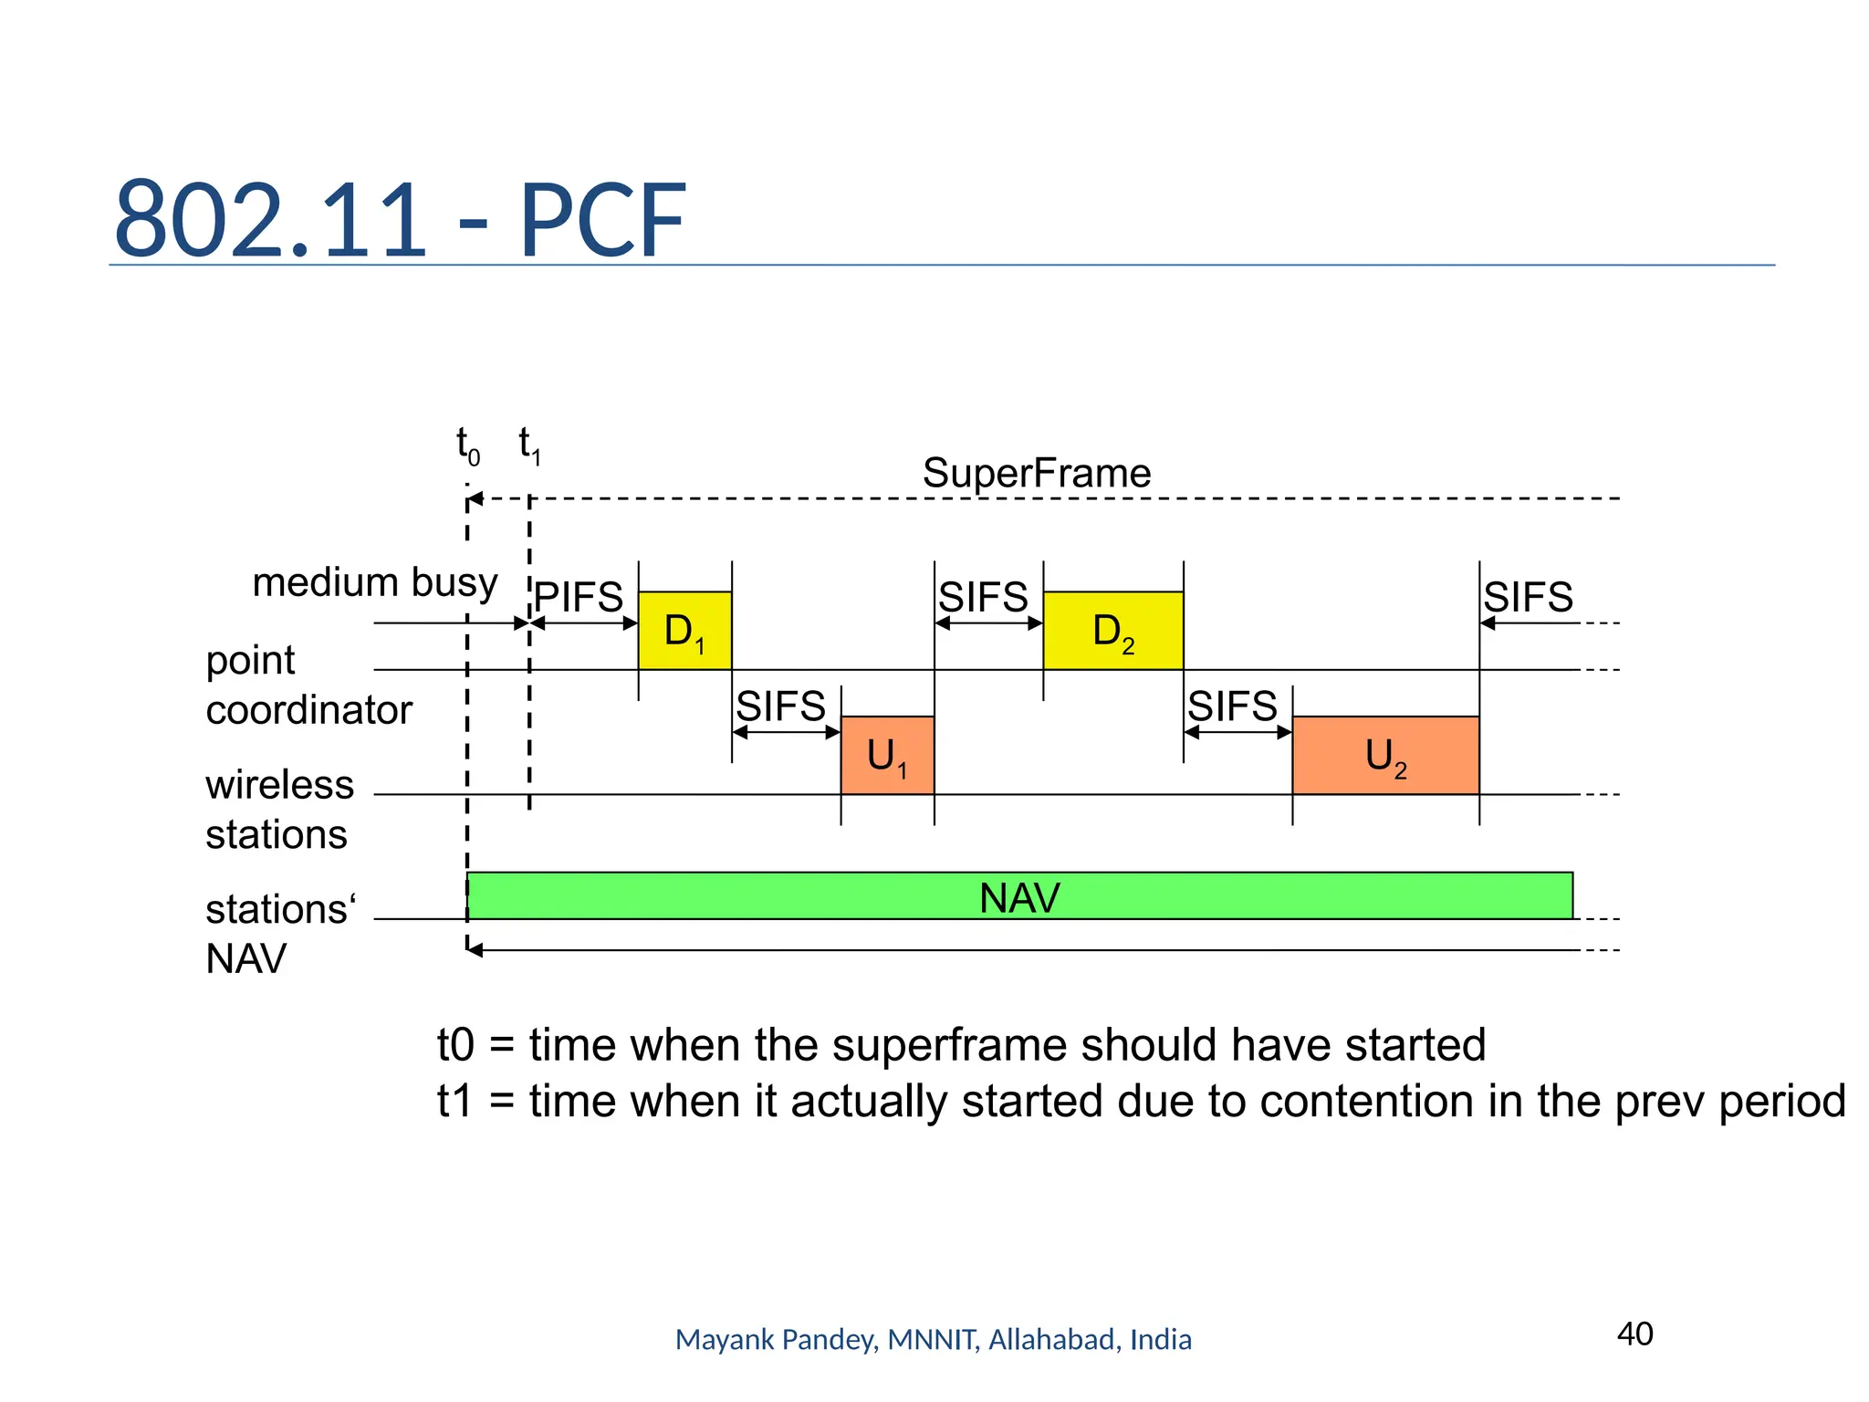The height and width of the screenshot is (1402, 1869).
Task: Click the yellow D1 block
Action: coord(684,631)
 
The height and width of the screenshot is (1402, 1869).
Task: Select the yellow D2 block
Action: coord(1112,631)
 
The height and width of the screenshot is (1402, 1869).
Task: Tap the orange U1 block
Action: coord(887,756)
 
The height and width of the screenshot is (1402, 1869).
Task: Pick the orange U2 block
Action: coord(1385,756)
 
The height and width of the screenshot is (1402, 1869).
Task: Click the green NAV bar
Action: coord(1019,896)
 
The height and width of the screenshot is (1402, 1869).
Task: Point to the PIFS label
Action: coord(579,598)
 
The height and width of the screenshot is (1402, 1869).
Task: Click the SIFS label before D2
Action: coord(983,598)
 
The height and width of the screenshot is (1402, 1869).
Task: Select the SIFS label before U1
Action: coord(780,706)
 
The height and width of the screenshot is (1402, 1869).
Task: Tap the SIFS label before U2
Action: coord(1232,706)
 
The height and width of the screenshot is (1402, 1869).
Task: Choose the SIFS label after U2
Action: coord(1528,598)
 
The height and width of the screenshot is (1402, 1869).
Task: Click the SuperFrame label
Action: coord(1037,473)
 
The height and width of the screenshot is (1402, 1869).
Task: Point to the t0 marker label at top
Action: coord(467,446)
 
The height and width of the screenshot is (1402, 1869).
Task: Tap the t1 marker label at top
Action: coord(529,446)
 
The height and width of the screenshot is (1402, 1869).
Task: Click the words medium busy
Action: coord(375,582)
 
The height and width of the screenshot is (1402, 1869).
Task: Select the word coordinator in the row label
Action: coord(308,710)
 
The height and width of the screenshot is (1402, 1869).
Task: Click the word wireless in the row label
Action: coord(279,785)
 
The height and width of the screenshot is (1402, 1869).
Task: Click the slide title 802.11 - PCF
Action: coord(400,220)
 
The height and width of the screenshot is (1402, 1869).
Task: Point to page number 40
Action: coord(1634,1334)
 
